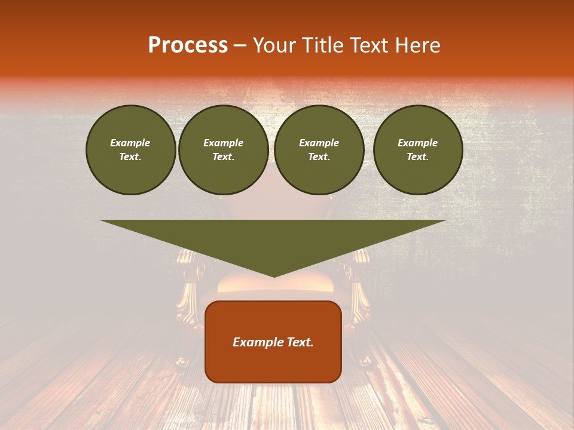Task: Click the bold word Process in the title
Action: pyautogui.click(x=188, y=45)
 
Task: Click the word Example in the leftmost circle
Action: pyautogui.click(x=130, y=143)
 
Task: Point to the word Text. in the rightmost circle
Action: pyautogui.click(x=418, y=156)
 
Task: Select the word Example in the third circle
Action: pyautogui.click(x=319, y=143)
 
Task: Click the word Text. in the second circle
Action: pyautogui.click(x=224, y=156)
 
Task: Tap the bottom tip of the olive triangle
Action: pyautogui.click(x=273, y=275)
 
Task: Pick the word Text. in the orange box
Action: pyautogui.click(x=300, y=342)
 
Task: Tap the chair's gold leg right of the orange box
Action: pyautogui.click(x=361, y=299)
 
